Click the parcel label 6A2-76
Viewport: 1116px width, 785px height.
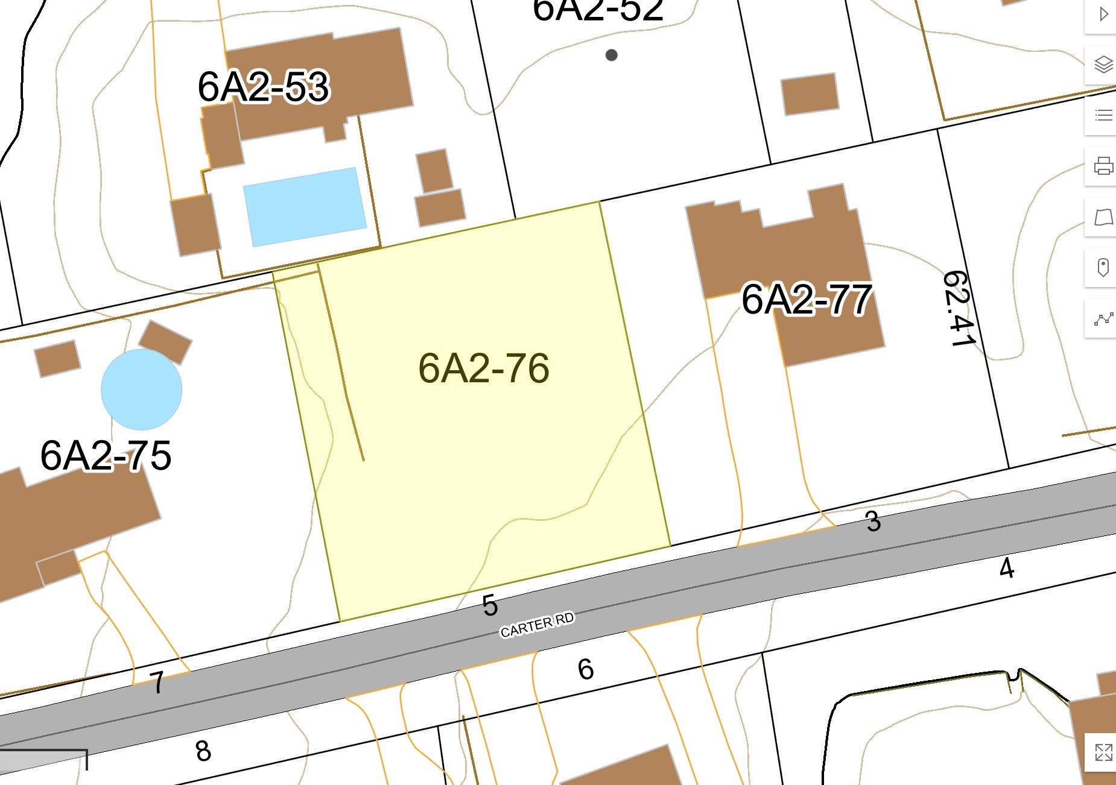click(483, 368)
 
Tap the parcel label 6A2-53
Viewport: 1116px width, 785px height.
click(263, 87)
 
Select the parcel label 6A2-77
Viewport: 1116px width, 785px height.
click(806, 299)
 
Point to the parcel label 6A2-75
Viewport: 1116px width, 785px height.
click(106, 455)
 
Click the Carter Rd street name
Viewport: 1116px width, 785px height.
click(537, 625)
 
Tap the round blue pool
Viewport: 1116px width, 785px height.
click(141, 389)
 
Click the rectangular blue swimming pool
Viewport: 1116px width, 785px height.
click(305, 207)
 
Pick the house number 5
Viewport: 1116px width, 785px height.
click(490, 605)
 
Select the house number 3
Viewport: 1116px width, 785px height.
click(873, 522)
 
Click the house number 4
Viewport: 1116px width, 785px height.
click(1006, 568)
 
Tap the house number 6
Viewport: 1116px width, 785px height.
click(585, 669)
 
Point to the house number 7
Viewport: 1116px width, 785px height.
click(157, 683)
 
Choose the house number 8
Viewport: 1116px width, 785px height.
click(203, 751)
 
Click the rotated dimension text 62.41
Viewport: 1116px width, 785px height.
click(959, 309)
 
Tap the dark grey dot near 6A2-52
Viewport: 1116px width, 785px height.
click(611, 55)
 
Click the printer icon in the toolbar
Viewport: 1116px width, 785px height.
click(1103, 166)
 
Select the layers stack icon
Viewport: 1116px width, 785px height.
click(1103, 64)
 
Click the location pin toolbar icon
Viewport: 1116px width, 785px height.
click(1103, 267)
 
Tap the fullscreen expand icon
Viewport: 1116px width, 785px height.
click(1103, 752)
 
